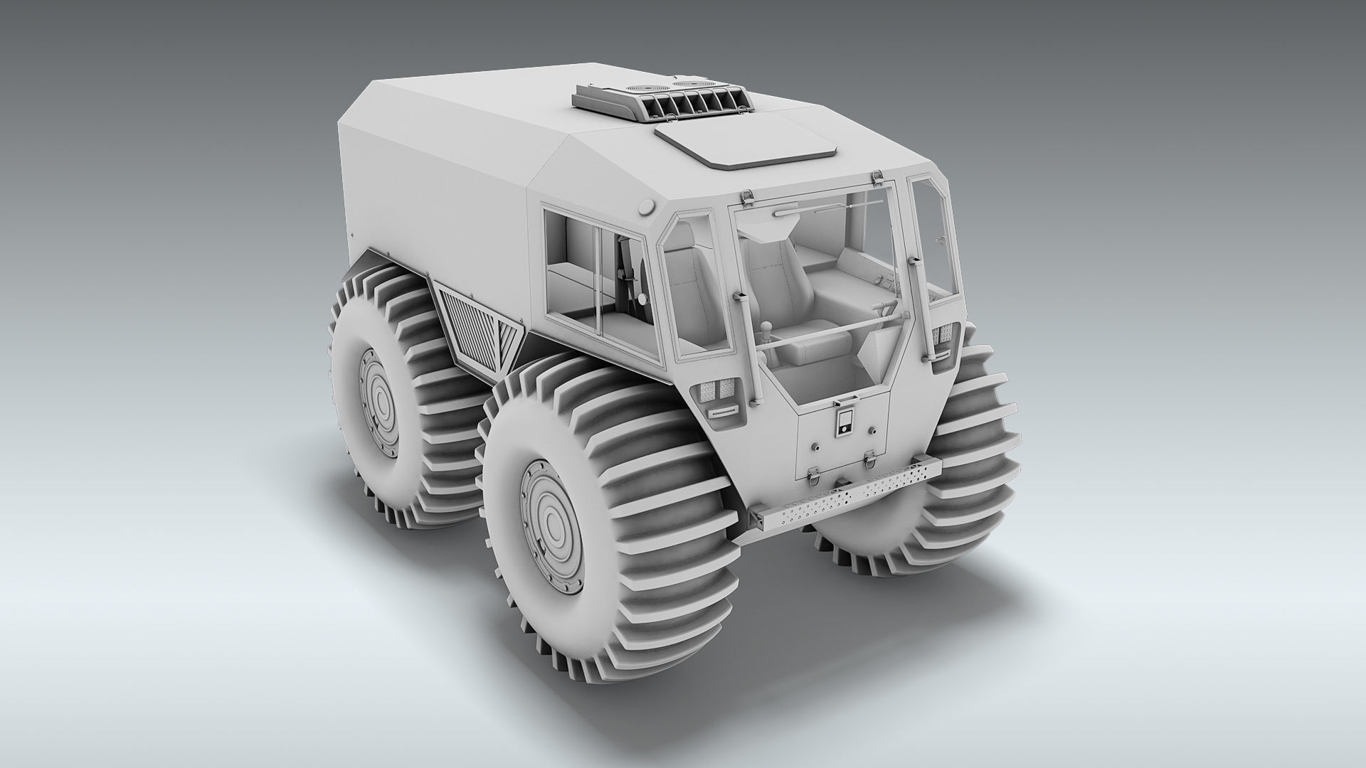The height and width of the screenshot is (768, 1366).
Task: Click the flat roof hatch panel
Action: pyautogui.click(x=747, y=150)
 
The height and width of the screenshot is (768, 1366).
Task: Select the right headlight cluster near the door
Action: pyautogui.click(x=944, y=334)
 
